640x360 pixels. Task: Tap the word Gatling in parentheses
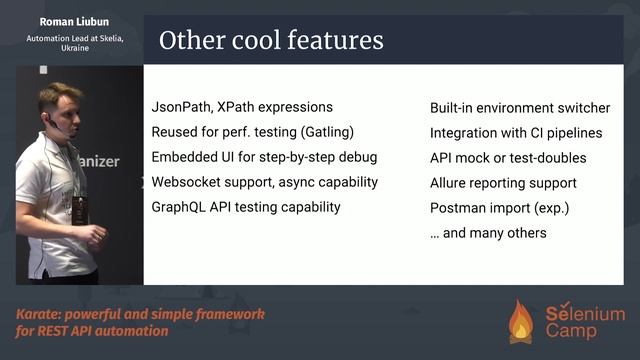click(x=327, y=132)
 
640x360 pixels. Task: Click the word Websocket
click(x=187, y=182)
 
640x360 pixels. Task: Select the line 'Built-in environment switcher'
click(x=520, y=108)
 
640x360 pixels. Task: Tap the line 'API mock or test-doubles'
click(x=508, y=158)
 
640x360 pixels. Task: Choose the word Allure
click(x=450, y=183)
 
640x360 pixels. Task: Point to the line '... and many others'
click(x=488, y=233)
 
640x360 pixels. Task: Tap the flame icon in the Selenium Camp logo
click(x=521, y=322)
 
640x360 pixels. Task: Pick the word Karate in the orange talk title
click(x=38, y=314)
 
